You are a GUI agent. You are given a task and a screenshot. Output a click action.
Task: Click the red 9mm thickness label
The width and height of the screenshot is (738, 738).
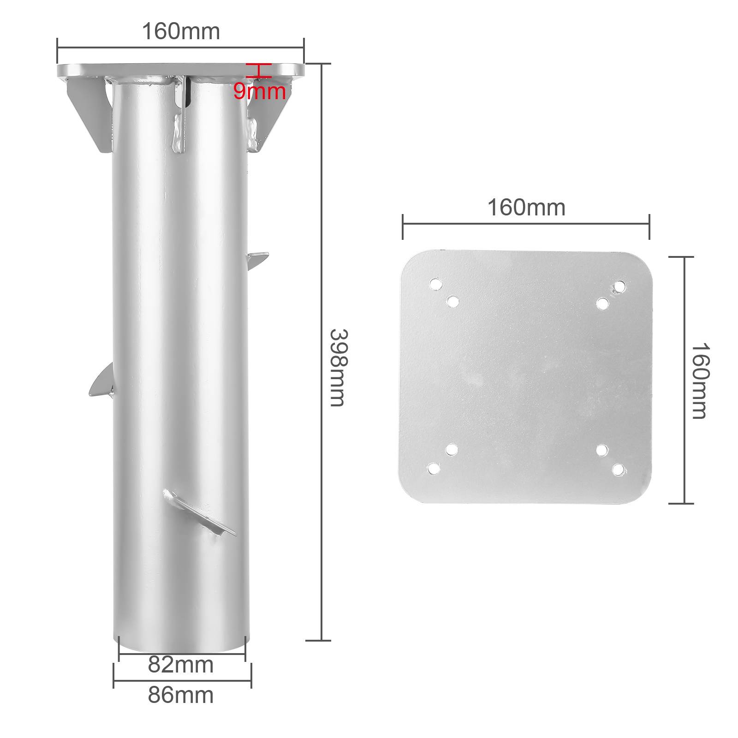tap(259, 91)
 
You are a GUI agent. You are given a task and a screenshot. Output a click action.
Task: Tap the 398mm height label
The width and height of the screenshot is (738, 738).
tap(337, 368)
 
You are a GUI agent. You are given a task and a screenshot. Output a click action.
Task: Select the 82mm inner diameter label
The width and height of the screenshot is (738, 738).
tap(181, 665)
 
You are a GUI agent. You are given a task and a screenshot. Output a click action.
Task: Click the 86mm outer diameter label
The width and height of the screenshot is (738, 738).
tap(181, 695)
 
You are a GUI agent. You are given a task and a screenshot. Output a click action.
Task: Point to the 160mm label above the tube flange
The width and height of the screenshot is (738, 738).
tap(181, 32)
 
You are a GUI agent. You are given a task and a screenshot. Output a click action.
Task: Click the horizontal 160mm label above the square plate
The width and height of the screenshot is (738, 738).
tap(526, 208)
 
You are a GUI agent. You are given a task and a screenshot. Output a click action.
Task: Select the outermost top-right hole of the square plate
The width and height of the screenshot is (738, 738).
tap(619, 287)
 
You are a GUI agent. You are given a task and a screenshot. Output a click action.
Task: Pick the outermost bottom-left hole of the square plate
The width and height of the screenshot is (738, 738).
tap(433, 469)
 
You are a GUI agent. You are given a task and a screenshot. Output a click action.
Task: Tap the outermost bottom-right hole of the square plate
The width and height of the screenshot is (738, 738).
tap(618, 470)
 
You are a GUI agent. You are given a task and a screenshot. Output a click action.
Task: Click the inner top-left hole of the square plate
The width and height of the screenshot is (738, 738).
tap(453, 302)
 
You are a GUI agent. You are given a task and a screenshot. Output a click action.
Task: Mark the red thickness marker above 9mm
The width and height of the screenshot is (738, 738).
tap(258, 70)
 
